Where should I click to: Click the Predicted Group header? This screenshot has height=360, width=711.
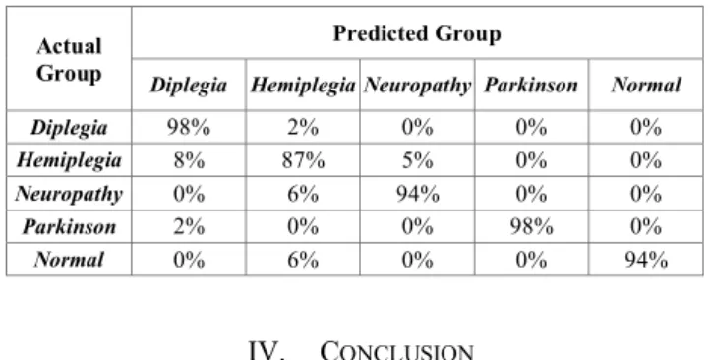coord(417,33)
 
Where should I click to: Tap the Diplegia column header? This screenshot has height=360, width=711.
coord(189,86)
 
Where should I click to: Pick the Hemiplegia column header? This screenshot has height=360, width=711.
coord(303,86)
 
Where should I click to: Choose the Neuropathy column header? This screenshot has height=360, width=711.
coord(417,86)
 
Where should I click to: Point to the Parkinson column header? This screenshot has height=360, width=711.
coord(531,86)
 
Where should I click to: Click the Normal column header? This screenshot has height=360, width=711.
coord(646,86)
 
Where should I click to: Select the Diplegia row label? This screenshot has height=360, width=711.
coord(69,128)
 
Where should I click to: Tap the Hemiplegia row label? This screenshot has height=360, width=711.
coord(69,160)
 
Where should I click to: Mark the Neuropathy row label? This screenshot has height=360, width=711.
coord(69,194)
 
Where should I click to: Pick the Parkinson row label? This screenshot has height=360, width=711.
coord(69,226)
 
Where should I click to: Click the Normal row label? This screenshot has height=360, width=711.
coord(69,260)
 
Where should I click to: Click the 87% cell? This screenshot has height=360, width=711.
coord(303,161)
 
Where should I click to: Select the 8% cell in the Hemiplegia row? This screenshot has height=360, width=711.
coord(189,161)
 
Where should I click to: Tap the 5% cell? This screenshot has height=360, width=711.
coord(417,161)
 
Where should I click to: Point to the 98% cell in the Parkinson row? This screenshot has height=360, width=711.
coord(531,226)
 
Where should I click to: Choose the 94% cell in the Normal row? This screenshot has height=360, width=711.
coord(646,260)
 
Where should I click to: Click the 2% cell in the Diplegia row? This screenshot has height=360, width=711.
coord(303,128)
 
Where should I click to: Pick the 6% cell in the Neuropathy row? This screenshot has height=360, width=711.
coord(303,194)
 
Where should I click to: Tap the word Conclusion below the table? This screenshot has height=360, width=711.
coord(396,350)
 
